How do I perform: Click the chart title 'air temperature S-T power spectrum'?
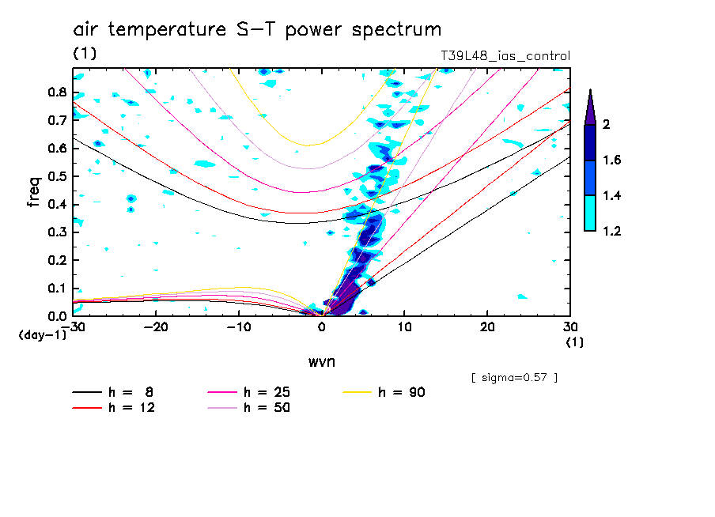[257, 30]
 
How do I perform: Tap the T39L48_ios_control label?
[505, 56]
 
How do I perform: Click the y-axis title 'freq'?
[34, 191]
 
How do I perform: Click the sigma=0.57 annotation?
[514, 377]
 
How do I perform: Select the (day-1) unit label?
[42, 335]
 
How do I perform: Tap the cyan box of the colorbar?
[590, 213]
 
